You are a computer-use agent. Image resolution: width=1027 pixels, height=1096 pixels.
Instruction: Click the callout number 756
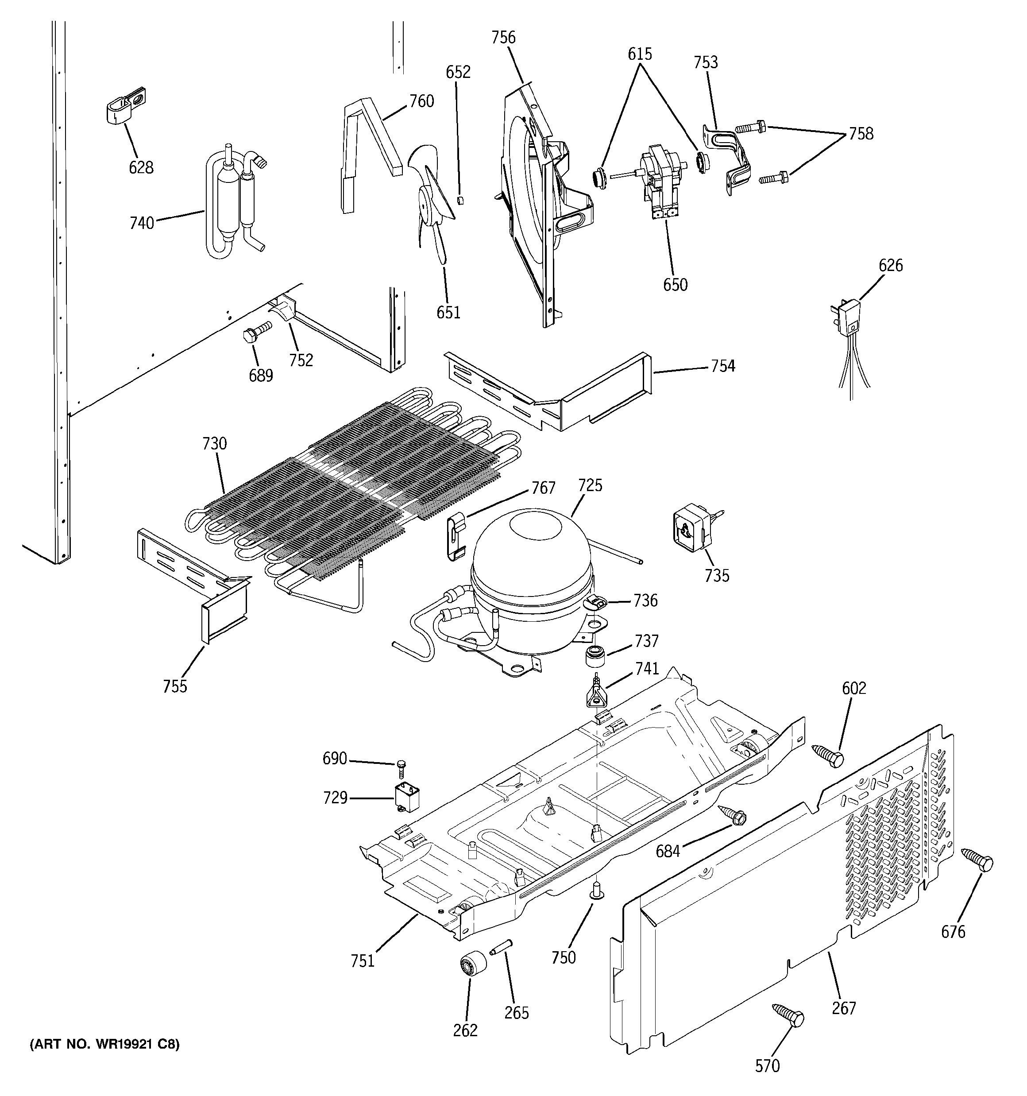(x=503, y=38)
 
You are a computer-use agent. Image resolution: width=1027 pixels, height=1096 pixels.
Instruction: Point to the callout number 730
(x=214, y=443)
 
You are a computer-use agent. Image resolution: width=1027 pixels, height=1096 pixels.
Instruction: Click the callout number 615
(x=640, y=54)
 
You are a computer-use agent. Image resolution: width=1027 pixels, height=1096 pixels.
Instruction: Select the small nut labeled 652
(x=461, y=199)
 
